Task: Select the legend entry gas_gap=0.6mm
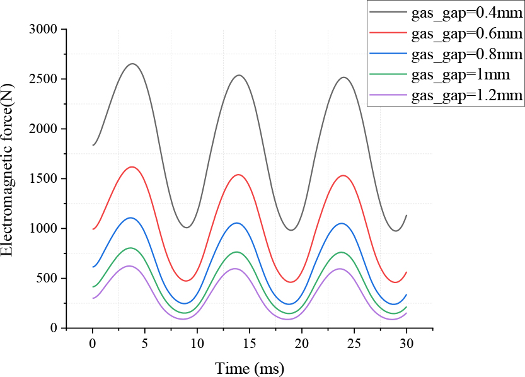pos(467,33)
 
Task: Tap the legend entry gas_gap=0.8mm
pos(467,54)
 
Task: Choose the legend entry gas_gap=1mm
pos(461,74)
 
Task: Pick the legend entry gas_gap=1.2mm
pos(467,96)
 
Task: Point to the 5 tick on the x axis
pos(145,346)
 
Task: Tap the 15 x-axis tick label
pos(250,346)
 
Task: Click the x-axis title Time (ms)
pos(250,368)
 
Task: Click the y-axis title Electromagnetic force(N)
pos(8,179)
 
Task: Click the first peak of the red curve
pos(132,167)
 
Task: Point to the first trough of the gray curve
pos(187,228)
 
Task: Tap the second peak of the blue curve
pos(237,223)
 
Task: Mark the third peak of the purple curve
pos(341,269)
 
